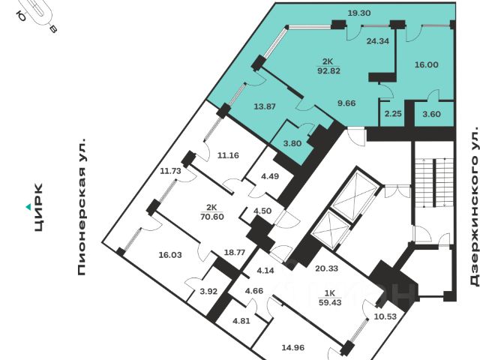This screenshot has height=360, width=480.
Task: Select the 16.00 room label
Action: click(x=427, y=65)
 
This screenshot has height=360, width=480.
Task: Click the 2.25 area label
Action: click(x=392, y=113)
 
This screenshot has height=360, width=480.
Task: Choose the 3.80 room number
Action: click(x=292, y=143)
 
